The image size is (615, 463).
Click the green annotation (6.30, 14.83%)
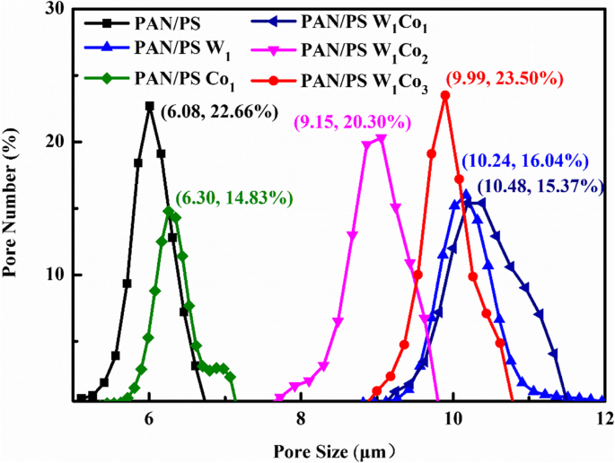pyautogui.click(x=234, y=197)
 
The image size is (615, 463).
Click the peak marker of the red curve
pyautogui.click(x=445, y=95)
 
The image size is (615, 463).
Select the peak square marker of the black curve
pyautogui.click(x=150, y=106)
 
